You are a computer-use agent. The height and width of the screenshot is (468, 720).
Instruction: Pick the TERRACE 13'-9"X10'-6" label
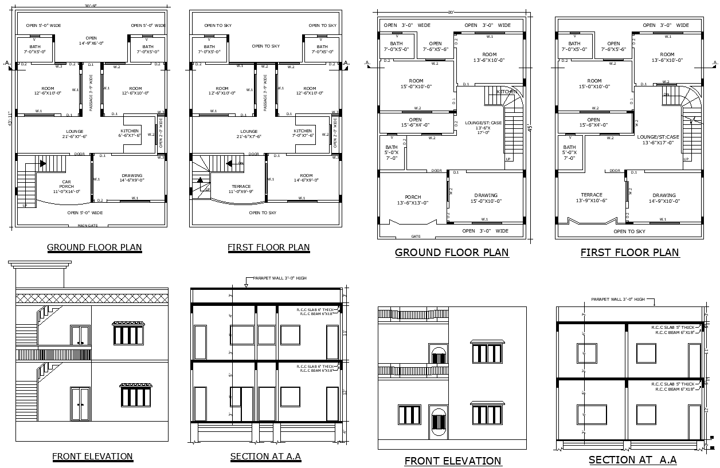pos(592,198)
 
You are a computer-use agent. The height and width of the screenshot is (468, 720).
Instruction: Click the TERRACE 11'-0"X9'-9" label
pos(241,189)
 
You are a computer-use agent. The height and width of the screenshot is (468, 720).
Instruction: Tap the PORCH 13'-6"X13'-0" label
pos(413,200)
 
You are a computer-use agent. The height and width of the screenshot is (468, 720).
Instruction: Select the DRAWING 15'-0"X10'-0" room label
pos(486,198)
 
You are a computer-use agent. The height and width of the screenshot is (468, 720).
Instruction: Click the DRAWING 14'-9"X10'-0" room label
pos(664,198)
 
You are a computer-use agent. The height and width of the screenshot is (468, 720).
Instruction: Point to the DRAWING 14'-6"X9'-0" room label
pos(132,178)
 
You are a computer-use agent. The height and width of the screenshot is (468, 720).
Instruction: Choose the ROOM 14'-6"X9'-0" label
pos(306,178)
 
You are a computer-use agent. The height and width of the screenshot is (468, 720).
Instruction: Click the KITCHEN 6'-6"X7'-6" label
pos(130,133)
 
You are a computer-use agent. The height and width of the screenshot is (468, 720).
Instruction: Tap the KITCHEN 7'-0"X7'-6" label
pos(303,133)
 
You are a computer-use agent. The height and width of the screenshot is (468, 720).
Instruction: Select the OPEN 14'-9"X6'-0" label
pos(91,41)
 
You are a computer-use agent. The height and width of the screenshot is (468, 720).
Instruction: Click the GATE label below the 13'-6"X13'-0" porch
pos(416,236)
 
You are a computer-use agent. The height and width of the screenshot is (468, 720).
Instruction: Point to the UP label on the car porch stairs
pos(25,205)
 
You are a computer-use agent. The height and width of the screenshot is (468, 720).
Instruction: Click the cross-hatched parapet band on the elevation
pos(92,298)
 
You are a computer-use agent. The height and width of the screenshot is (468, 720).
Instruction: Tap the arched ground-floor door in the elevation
pos(438,424)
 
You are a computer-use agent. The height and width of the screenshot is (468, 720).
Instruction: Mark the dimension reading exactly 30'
pos(451,11)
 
